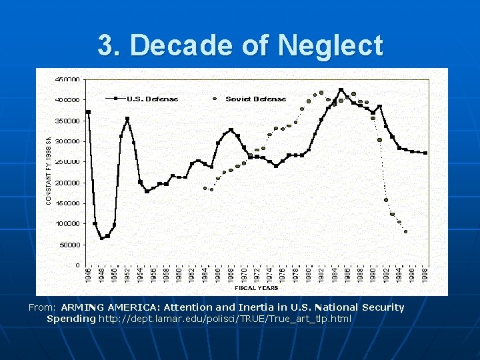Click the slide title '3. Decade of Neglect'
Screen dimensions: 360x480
[x=240, y=46]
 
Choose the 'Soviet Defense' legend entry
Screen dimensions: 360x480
[x=255, y=99]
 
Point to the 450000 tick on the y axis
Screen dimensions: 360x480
[x=67, y=79]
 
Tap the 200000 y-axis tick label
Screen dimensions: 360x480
[x=67, y=183]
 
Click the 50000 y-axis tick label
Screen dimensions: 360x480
[x=69, y=245]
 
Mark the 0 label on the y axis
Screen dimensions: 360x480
[x=77, y=265]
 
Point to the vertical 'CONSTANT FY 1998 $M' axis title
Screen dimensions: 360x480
[x=48, y=170]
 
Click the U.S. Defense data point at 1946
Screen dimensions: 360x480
[x=89, y=112]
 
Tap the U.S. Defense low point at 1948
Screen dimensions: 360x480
[x=101, y=238]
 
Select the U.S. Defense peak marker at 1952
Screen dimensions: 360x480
[x=127, y=119]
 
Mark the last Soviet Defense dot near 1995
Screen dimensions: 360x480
[x=405, y=232]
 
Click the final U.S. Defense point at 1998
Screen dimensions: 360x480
[x=425, y=153]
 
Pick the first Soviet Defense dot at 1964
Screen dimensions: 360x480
[x=205, y=188]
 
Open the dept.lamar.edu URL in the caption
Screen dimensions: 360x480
[x=225, y=319]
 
